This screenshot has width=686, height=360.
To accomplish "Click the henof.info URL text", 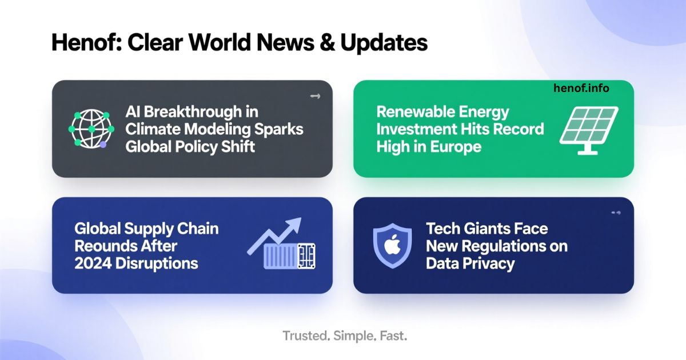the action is pyautogui.click(x=581, y=88).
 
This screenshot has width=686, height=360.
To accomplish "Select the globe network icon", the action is pyautogui.click(x=91, y=129).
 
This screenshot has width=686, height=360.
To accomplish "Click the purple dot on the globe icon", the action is pyautogui.click(x=103, y=145).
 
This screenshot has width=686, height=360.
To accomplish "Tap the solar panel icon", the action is pyautogui.click(x=589, y=130).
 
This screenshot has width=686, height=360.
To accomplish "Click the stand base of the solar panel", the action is pyautogui.click(x=588, y=152).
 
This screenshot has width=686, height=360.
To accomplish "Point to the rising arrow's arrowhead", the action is pyautogui.click(x=294, y=223).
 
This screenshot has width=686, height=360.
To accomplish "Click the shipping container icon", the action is pyautogui.click(x=289, y=257).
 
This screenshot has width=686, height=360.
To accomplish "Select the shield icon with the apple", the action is pyautogui.click(x=392, y=246).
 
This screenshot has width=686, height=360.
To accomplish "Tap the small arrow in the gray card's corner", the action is pyautogui.click(x=315, y=96).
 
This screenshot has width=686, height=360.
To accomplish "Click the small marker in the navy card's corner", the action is pyautogui.click(x=616, y=213).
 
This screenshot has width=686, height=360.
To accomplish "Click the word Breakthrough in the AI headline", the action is pyautogui.click(x=193, y=112).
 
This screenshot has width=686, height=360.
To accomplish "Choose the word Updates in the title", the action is pyautogui.click(x=384, y=43).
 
